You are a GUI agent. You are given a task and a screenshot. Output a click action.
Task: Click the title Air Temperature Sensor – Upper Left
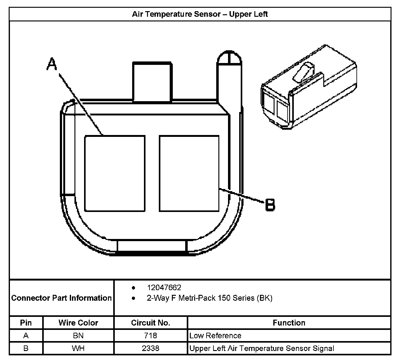click(x=200, y=14)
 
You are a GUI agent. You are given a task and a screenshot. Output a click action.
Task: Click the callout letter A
click(x=52, y=65)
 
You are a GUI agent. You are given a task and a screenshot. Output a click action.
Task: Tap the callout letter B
click(x=270, y=205)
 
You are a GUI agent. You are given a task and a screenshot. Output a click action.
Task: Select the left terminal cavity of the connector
click(x=115, y=173)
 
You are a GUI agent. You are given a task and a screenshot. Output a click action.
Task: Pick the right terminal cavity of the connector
click(x=189, y=173)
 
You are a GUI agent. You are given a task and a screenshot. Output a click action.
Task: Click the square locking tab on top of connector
click(x=152, y=82)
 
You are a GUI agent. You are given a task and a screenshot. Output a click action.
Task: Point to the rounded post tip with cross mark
click(x=229, y=58)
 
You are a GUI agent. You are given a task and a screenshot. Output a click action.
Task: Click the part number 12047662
click(x=164, y=288)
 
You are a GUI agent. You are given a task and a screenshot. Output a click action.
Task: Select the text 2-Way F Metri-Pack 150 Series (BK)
click(x=209, y=298)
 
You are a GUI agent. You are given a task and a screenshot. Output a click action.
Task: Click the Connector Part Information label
click(x=61, y=298)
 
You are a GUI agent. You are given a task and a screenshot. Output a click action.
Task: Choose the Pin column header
click(x=26, y=323)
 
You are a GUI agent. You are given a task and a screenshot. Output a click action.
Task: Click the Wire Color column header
click(x=78, y=323)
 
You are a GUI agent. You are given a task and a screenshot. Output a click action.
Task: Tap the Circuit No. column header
click(x=150, y=323)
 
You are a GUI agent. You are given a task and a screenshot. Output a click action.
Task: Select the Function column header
click(x=289, y=323)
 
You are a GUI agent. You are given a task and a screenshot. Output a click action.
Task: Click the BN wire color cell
click(x=78, y=335)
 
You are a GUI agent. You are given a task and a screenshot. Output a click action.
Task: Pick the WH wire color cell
click(x=78, y=348)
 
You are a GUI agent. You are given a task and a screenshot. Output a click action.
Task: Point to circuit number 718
click(x=150, y=335)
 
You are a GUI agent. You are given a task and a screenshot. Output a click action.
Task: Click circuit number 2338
click(x=150, y=348)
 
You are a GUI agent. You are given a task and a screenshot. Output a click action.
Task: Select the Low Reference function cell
click(x=215, y=335)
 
